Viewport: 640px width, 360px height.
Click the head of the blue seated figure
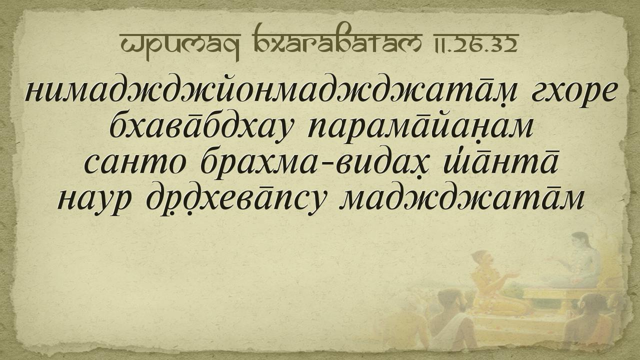(x=580, y=240)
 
